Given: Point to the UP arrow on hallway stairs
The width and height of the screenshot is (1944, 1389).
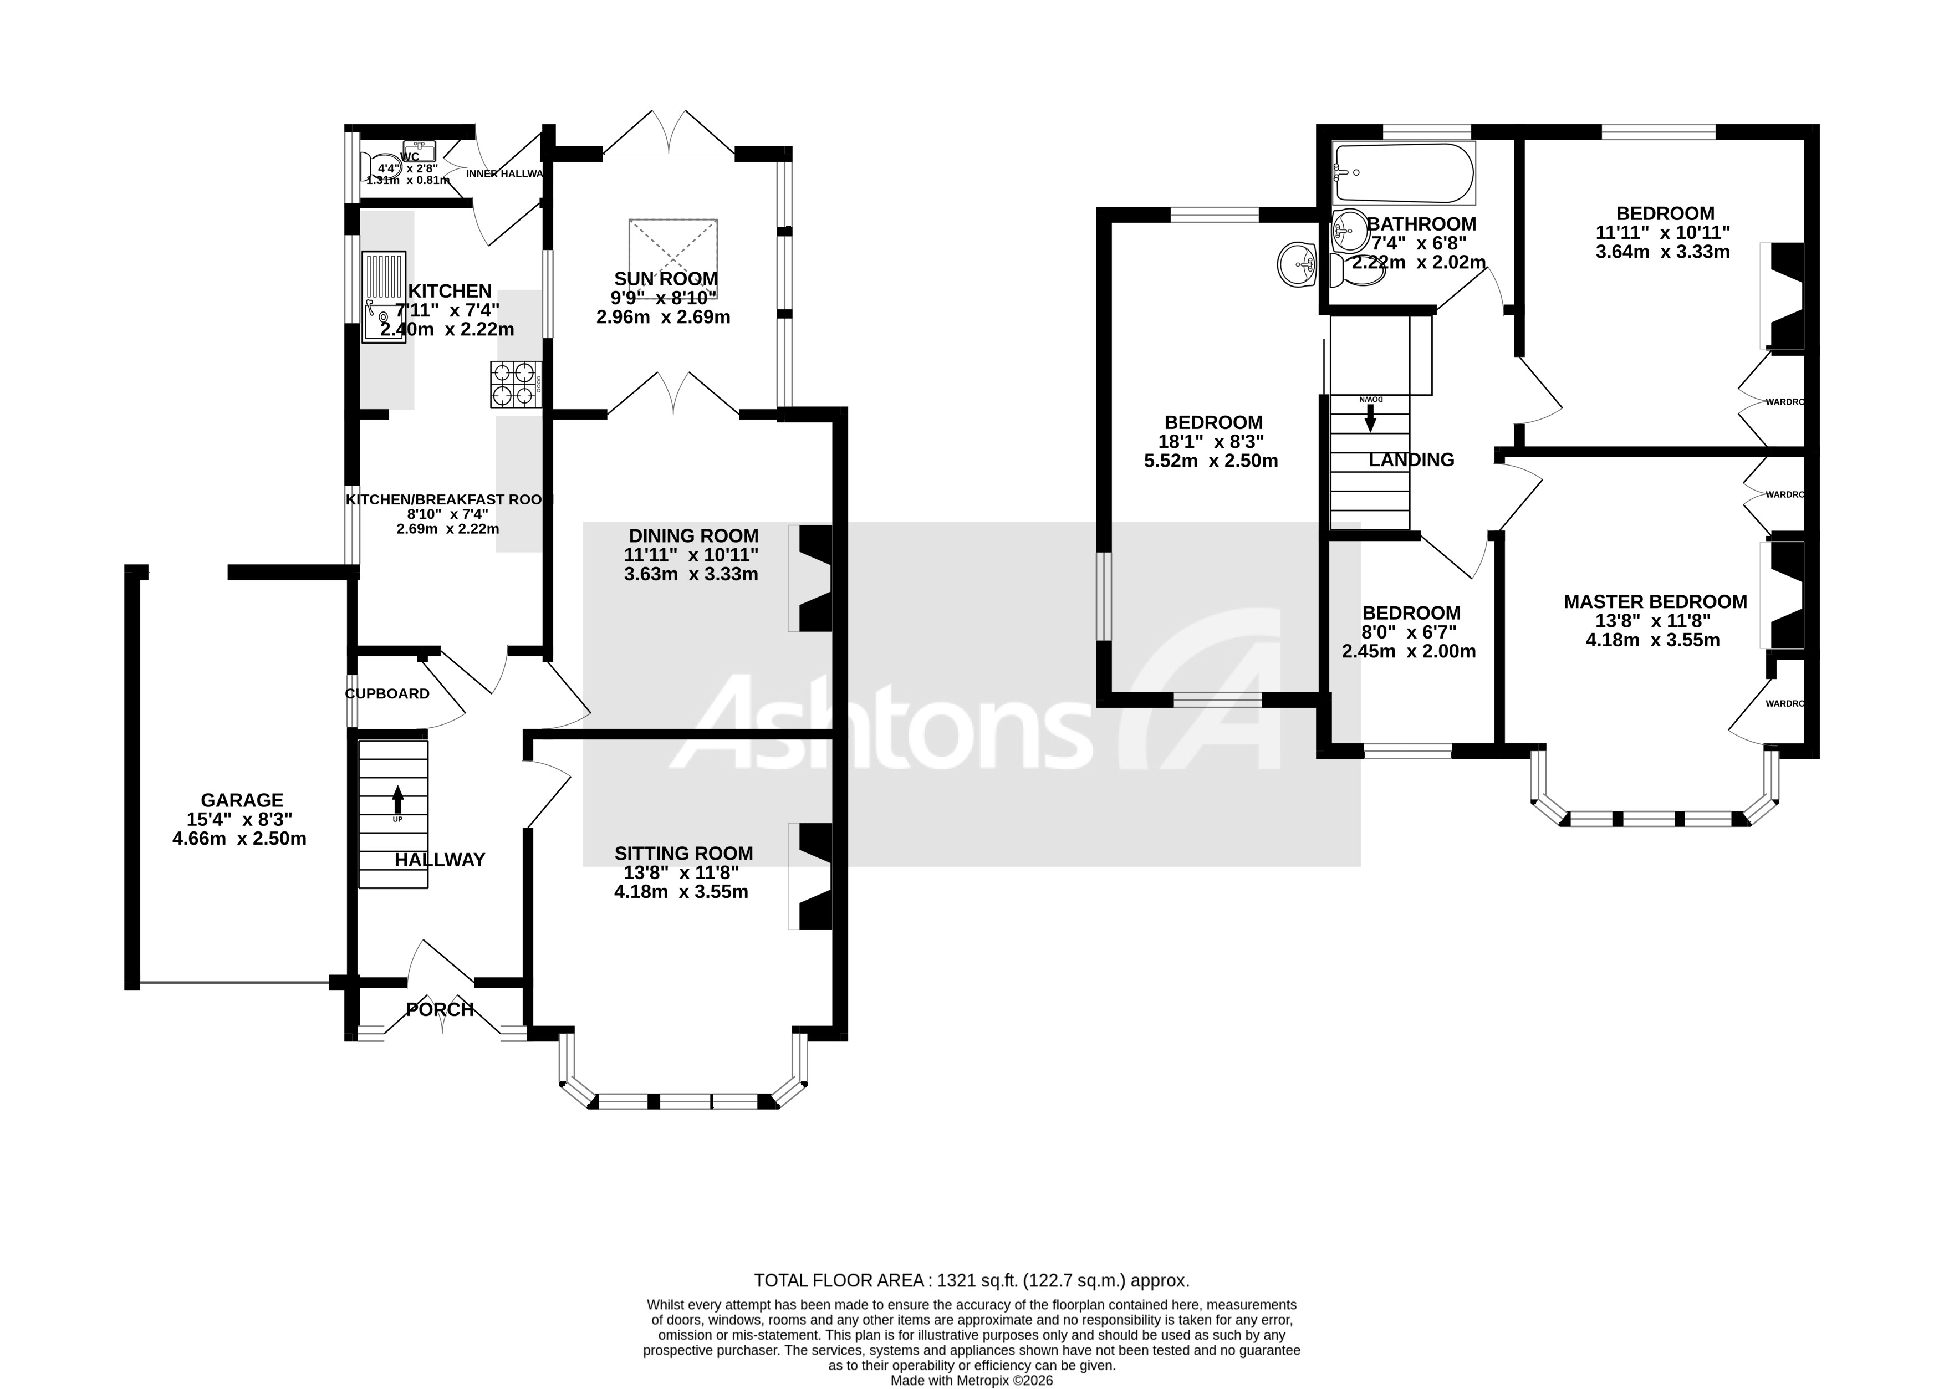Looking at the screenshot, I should pos(397,800).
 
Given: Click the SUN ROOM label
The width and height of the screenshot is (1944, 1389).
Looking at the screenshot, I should pos(665,279).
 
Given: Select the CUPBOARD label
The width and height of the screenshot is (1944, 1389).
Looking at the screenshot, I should pos(387,693).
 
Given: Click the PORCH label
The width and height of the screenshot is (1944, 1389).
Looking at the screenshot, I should pos(440,1010).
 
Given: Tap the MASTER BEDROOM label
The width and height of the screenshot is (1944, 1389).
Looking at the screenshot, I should pos(1655,601).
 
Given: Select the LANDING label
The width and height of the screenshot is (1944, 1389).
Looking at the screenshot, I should pos(1411,460).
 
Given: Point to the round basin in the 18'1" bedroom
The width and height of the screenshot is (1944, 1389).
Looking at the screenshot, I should pos(1298,264).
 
